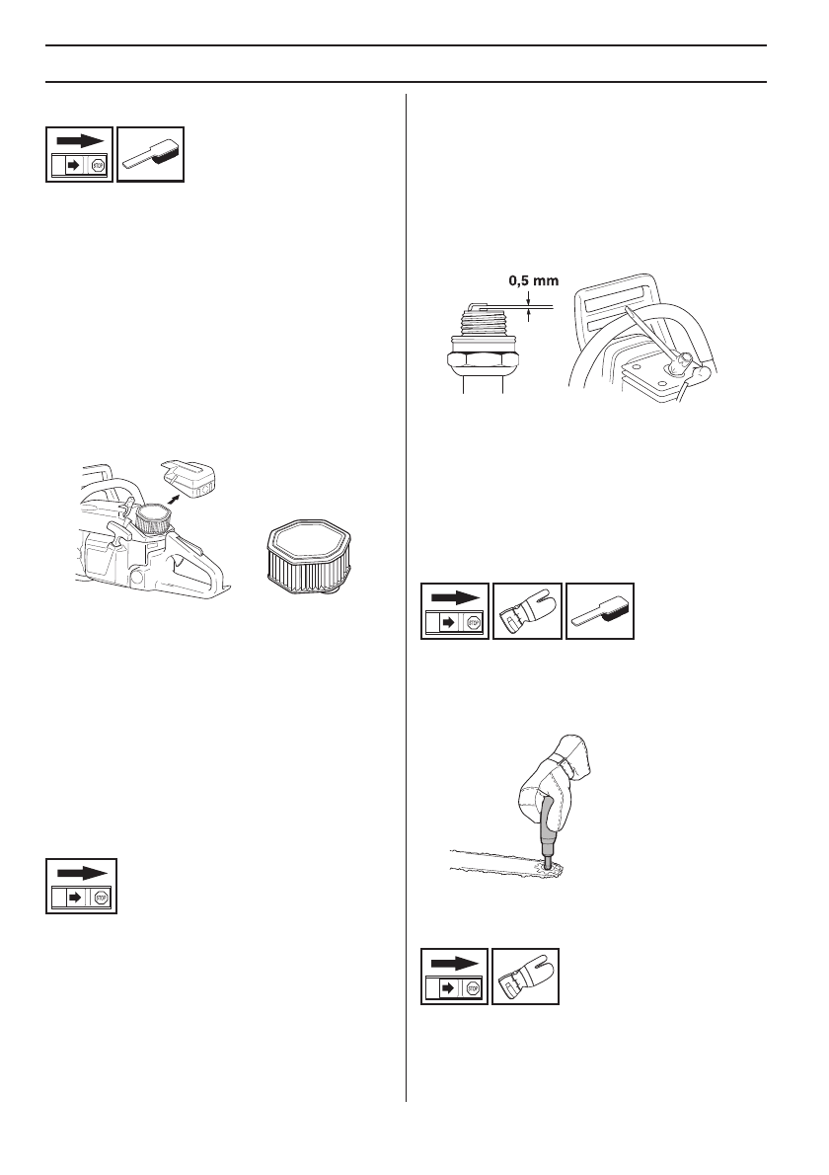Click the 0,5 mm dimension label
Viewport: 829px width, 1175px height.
pos(533,280)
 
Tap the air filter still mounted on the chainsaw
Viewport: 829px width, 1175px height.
pos(153,519)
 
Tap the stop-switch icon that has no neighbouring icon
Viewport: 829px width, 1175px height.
pos(81,886)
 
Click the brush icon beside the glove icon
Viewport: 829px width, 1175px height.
pos(600,611)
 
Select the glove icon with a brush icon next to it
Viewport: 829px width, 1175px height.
pos(528,611)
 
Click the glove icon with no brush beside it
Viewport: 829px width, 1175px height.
pos(525,977)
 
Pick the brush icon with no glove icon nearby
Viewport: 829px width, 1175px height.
pos(151,155)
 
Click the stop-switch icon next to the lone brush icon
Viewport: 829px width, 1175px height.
pos(81,155)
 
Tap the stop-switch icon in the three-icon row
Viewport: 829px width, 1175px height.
pos(455,611)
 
